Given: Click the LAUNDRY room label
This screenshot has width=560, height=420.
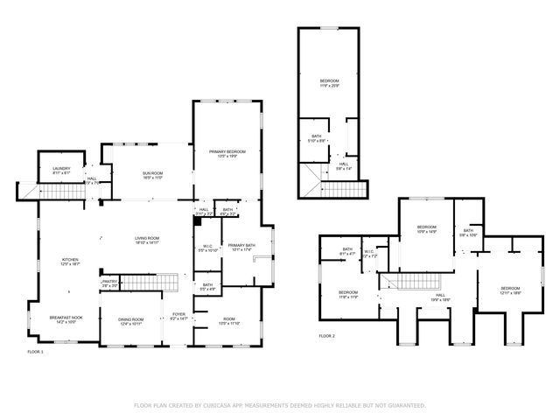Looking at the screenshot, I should [60, 170].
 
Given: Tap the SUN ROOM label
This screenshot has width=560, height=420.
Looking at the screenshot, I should [152, 174].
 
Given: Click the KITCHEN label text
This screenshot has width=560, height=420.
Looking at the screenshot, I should [69, 261].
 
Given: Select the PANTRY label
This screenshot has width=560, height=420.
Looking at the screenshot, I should [109, 282].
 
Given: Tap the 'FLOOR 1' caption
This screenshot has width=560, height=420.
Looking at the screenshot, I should [35, 351].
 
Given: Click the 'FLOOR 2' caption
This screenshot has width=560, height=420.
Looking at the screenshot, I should [326, 336].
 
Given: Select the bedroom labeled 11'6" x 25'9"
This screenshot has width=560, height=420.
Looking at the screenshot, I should [328, 82].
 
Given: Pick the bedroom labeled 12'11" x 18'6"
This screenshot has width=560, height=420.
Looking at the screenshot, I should [510, 290].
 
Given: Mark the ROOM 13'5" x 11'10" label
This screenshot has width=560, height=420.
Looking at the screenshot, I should [229, 321].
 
